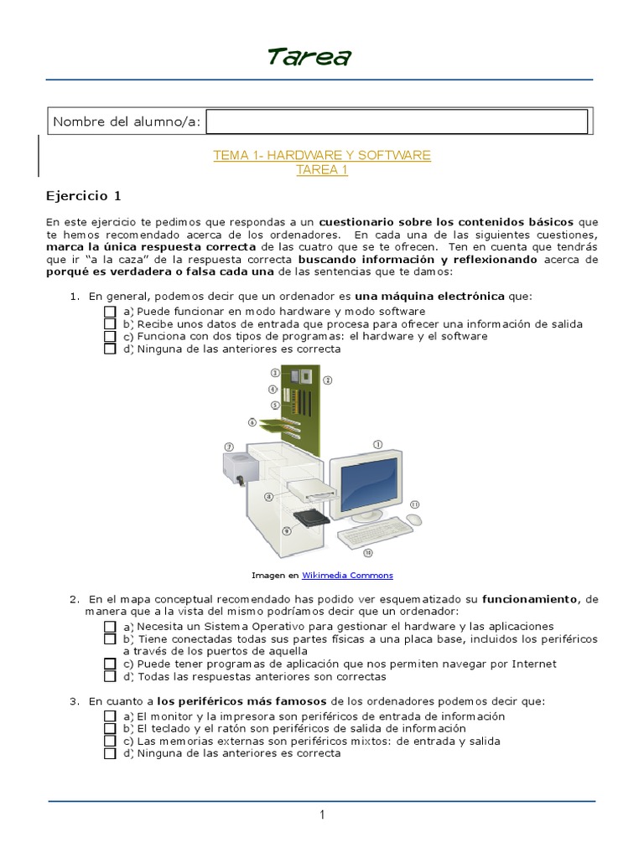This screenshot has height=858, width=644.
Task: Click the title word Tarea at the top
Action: point(309,57)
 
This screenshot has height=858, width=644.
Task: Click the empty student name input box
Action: point(396,121)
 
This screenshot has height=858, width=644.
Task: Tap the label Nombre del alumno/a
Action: point(127,122)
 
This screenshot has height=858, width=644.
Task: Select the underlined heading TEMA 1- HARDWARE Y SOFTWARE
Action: point(322,155)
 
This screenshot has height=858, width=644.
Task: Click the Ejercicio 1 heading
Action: point(83,196)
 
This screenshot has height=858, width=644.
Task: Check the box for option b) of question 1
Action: point(110,323)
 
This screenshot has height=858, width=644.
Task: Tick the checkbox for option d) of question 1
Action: point(110,349)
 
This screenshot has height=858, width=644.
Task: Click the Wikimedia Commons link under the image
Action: point(347,576)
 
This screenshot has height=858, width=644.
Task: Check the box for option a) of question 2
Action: point(110,626)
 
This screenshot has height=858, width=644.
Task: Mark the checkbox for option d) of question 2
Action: point(110,676)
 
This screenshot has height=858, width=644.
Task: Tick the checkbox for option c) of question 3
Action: point(110,741)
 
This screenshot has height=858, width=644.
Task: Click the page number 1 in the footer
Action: point(321,815)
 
